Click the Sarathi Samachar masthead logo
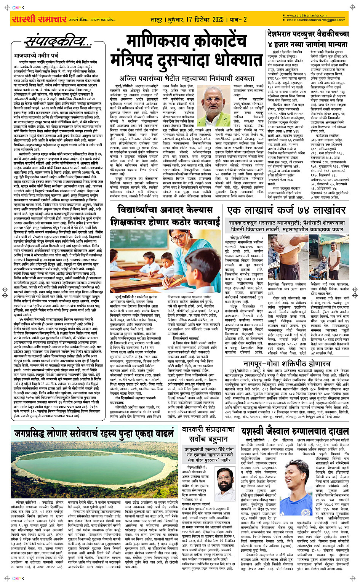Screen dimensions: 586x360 pos(39,19)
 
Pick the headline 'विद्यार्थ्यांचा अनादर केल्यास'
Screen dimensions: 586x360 pos(165,210)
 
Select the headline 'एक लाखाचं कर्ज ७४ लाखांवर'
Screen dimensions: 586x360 pos(286,210)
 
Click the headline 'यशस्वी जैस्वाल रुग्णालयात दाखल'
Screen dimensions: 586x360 pos(295,431)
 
